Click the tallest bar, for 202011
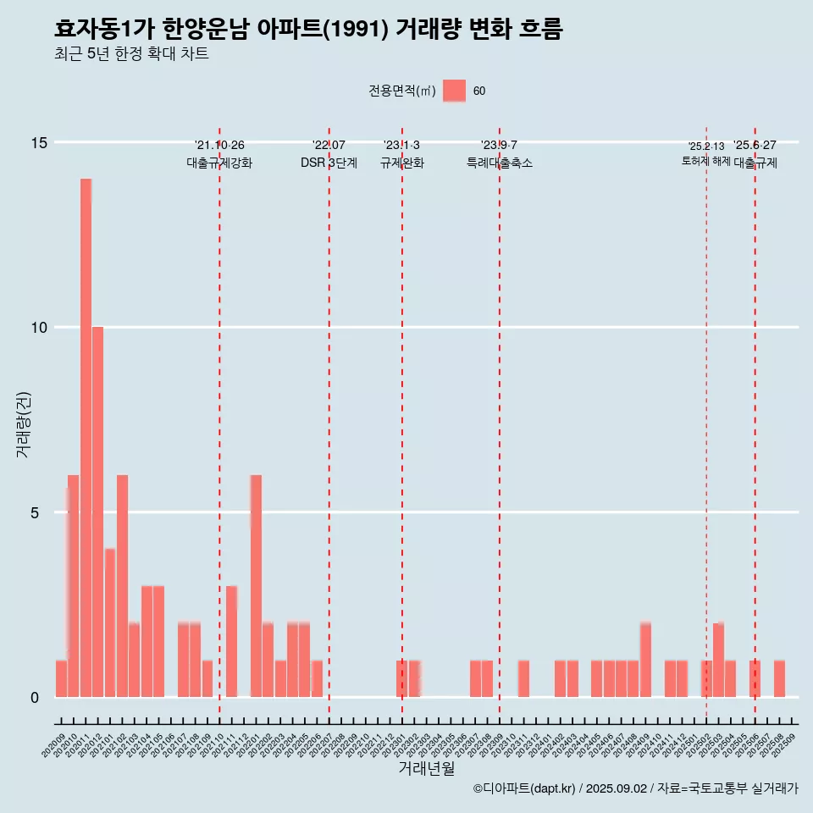[x=86, y=438]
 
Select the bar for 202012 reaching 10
[x=98, y=512]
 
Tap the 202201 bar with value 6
[x=256, y=586]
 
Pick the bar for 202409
[x=645, y=660]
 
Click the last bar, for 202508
[x=779, y=678]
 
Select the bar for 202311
[x=523, y=678]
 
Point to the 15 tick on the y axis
[x=39, y=142]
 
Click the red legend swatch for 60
[x=455, y=91]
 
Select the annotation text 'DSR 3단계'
[x=329, y=163]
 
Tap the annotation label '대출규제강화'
[x=219, y=163]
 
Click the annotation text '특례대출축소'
[x=500, y=163]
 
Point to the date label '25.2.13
[x=706, y=147]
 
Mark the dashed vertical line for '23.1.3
[x=402, y=423]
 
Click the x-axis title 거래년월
[x=426, y=769]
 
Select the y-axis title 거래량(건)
[x=23, y=423]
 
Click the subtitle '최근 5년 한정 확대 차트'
[x=131, y=54]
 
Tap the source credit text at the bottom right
[x=635, y=788]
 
